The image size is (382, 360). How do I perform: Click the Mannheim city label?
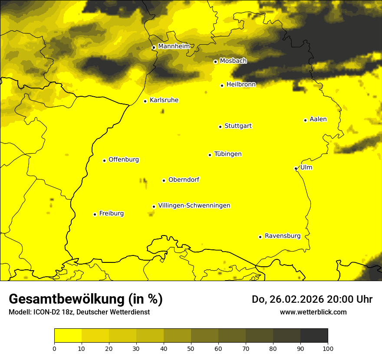pos(174,46)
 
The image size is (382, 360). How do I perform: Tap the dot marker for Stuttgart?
pos(220,127)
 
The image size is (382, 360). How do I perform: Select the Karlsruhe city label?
pos(164,100)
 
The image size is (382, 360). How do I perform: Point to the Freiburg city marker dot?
pos(95,214)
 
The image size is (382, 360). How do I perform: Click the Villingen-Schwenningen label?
pos(194,206)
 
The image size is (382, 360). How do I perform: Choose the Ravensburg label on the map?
pos(282,236)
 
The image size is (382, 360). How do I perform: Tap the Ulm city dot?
pos(296,168)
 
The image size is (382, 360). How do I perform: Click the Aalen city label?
pos(318,119)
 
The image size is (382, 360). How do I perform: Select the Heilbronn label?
pos(241,85)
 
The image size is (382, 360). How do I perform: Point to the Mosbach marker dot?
pos(215,62)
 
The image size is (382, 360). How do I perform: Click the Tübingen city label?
pos(227,154)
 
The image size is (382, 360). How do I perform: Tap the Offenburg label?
pos(124,160)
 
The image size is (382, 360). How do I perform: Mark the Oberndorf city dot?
pos(164,180)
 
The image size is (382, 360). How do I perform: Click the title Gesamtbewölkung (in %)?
pos(86,299)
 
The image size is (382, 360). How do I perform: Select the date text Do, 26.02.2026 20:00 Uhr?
pos(312,299)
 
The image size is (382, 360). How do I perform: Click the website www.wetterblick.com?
pos(313,312)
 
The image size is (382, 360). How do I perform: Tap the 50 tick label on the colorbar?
pos(191,348)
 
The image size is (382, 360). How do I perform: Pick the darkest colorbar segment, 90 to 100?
pos(314,336)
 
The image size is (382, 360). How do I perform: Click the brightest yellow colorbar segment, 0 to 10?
pos(68,336)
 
